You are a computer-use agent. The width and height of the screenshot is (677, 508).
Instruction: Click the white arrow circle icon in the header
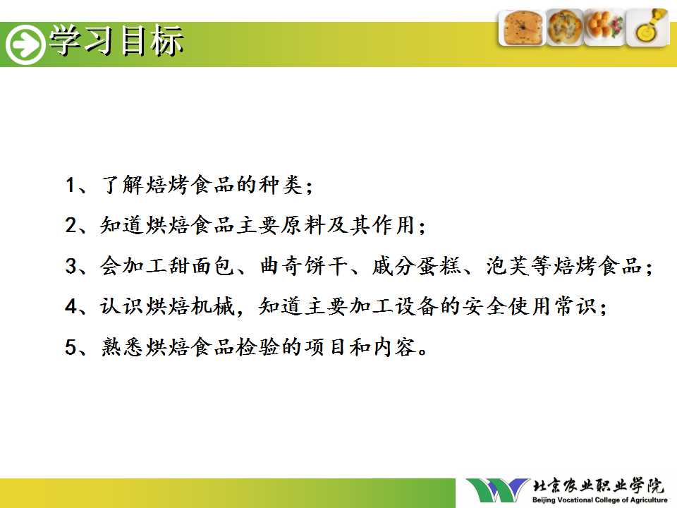pyautogui.click(x=25, y=44)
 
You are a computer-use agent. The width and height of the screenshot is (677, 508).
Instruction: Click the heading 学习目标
pyautogui.click(x=116, y=41)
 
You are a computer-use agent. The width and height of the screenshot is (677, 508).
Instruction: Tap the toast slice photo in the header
pyautogui.click(x=522, y=28)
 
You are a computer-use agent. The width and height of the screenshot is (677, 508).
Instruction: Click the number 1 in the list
pyautogui.click(x=71, y=185)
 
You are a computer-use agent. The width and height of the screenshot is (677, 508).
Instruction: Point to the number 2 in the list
pyautogui.click(x=71, y=225)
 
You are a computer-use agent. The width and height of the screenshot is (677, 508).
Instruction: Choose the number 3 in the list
pyautogui.click(x=71, y=266)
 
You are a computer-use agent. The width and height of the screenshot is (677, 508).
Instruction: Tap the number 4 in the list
pyautogui.click(x=71, y=306)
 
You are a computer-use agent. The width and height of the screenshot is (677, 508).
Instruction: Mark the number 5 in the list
pyautogui.click(x=71, y=347)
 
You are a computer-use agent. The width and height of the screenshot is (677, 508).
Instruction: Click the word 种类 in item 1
pyautogui.click(x=281, y=185)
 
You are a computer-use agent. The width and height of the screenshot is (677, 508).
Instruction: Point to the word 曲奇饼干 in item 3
pyautogui.click(x=304, y=266)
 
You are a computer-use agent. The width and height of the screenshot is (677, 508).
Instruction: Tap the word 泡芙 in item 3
pyautogui.click(x=508, y=266)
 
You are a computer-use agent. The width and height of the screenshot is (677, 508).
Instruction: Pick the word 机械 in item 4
pyautogui.click(x=213, y=306)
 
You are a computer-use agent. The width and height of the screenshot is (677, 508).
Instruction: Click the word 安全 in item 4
pyautogui.click(x=484, y=306)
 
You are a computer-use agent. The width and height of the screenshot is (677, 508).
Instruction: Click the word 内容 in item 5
pyautogui.click(x=394, y=347)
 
